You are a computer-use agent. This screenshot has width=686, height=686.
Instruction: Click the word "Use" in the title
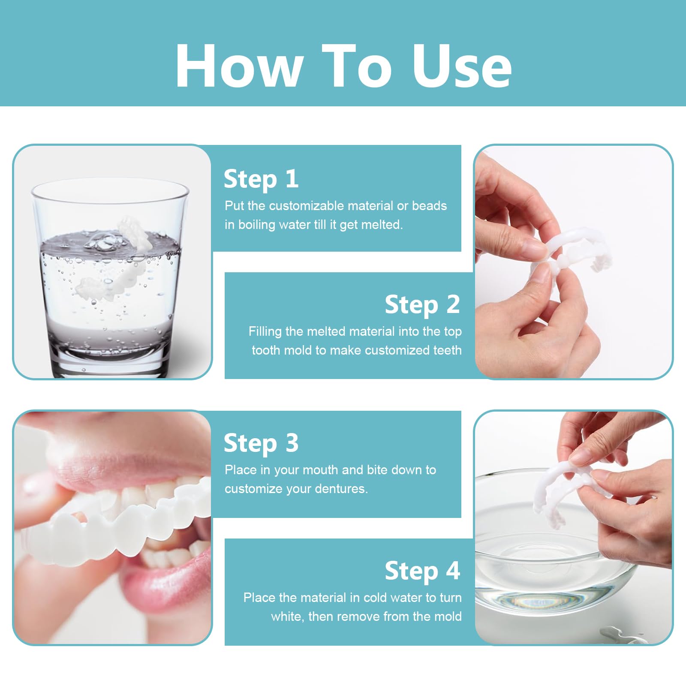(462, 66)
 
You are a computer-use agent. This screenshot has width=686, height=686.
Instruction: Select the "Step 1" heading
(261, 179)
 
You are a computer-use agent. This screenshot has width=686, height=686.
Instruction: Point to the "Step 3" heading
(261, 443)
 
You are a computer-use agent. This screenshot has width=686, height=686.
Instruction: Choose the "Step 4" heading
(422, 571)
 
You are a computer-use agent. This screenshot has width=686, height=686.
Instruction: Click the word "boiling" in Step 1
(257, 225)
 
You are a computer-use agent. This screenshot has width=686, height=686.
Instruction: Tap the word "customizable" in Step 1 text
(307, 206)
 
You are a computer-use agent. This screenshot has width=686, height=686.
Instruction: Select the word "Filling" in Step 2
(265, 332)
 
